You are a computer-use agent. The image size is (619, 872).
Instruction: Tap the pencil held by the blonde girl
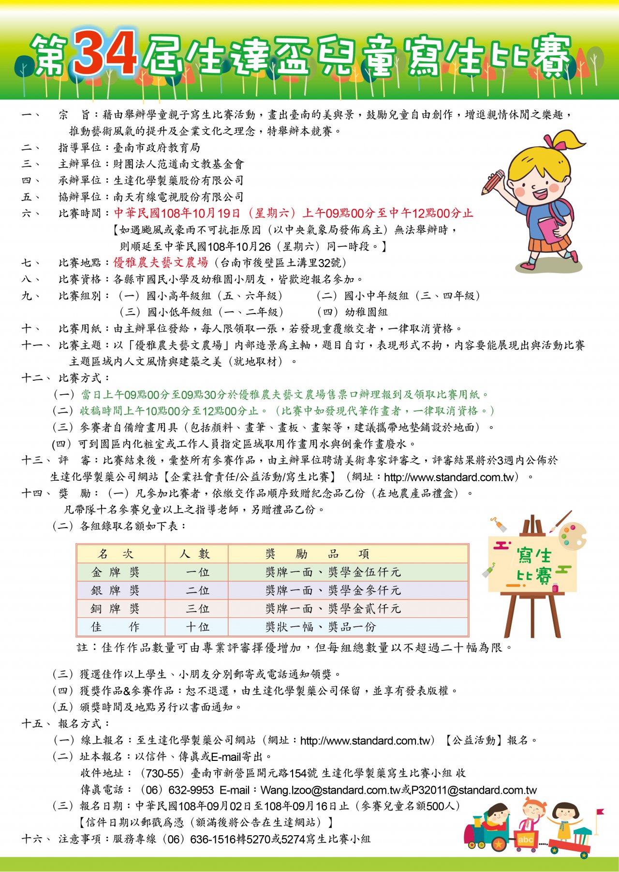pos(493,182)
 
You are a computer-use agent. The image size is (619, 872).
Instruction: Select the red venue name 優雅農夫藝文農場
pos(161,262)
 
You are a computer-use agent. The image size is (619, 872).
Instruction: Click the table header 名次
pos(115,554)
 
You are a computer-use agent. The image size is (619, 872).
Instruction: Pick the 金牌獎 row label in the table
pos(115,572)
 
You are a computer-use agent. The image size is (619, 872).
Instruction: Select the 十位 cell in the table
pos(197,627)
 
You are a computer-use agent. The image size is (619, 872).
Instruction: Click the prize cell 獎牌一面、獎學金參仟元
pos(333,590)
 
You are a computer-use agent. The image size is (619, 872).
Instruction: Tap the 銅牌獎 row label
pos(115,609)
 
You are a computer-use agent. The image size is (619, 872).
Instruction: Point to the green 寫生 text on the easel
pos(534,556)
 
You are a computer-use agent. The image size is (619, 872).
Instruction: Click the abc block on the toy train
pos(525,840)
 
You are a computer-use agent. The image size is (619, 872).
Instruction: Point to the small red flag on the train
pos(600,813)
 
